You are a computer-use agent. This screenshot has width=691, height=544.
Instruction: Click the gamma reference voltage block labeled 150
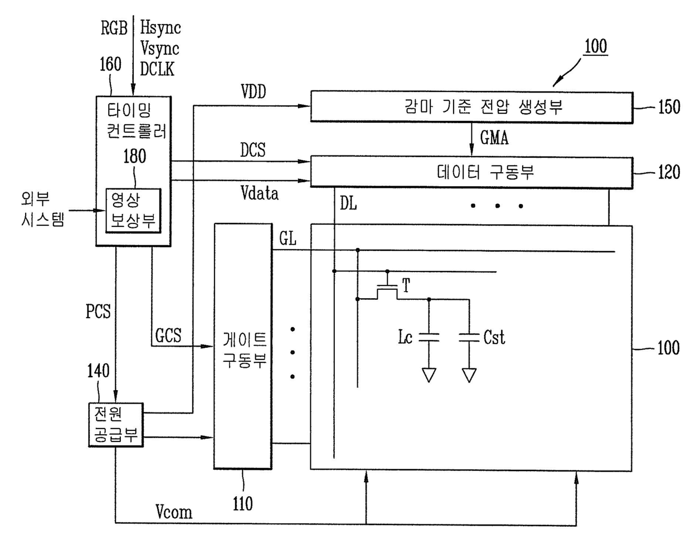(471, 106)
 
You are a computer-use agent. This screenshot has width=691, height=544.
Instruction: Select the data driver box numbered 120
(471, 172)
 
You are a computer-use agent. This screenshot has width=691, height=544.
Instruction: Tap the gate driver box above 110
(243, 346)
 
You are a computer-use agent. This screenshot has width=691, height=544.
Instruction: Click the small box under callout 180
(133, 211)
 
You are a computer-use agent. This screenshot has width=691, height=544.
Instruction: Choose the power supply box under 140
(116, 425)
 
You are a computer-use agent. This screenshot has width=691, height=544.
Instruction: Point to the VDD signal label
(253, 91)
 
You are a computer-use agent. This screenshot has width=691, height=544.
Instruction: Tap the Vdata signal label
(260, 193)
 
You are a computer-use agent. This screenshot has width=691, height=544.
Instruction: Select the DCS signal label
(252, 150)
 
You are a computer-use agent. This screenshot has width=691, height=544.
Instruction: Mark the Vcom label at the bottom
(174, 512)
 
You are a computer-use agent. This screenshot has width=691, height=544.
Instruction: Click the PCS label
(98, 312)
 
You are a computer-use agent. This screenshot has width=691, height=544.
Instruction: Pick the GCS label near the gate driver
(168, 335)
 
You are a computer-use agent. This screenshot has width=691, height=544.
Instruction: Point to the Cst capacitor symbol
(469, 337)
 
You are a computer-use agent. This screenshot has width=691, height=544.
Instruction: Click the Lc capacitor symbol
(429, 337)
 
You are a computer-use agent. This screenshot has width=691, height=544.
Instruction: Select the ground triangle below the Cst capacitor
(469, 375)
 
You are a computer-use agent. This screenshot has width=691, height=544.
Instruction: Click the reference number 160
(110, 65)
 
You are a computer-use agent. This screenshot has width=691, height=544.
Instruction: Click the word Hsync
(160, 27)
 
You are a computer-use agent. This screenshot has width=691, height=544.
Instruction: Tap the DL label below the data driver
(348, 204)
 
